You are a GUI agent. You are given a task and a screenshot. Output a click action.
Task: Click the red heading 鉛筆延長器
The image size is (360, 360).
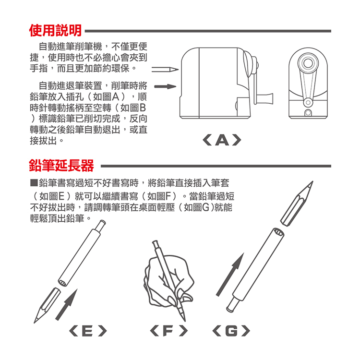click(61, 166)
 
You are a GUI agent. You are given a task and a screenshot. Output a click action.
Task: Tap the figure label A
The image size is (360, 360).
click(221, 140)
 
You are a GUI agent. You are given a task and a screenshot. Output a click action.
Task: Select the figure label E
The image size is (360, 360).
click(87, 331)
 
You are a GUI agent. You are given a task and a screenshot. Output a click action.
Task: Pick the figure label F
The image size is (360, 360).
click(168, 331)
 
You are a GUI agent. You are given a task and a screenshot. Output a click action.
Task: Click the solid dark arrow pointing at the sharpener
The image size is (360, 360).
click(164, 87)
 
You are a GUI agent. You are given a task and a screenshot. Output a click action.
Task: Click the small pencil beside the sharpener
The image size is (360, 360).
click(165, 70)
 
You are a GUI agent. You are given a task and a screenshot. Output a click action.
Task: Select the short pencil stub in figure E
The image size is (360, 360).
click(46, 305)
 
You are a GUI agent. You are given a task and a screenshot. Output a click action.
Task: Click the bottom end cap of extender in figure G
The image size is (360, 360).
click(232, 302)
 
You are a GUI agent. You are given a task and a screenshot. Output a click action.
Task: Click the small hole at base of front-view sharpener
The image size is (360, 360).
click(307, 113)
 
